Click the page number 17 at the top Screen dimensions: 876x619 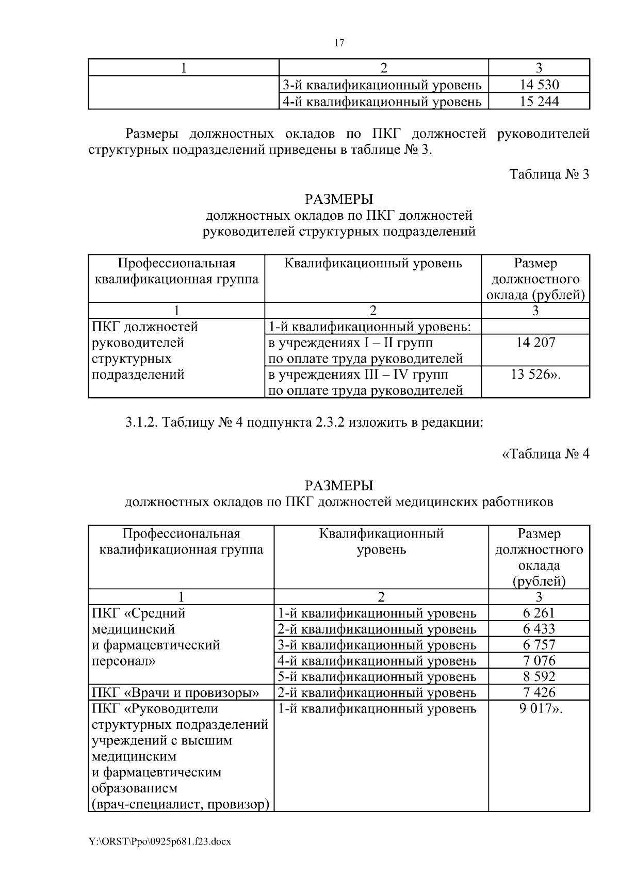[339, 43]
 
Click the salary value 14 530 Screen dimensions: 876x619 [539, 85]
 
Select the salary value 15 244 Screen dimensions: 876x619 [539, 102]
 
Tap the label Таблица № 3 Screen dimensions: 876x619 [549, 174]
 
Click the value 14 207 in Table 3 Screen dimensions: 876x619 [535, 343]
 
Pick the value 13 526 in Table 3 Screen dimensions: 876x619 [535, 375]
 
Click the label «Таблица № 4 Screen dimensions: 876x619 [546, 454]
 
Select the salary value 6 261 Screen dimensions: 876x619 [539, 613]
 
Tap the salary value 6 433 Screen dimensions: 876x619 [539, 629]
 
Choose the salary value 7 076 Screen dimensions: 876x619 [539, 661]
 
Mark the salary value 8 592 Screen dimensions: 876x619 [539, 677]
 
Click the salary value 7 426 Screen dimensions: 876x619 [539, 693]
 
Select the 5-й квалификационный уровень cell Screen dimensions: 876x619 [377, 677]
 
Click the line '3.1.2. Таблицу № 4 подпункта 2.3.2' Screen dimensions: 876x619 [304, 423]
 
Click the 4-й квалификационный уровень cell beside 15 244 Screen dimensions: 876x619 [382, 102]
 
